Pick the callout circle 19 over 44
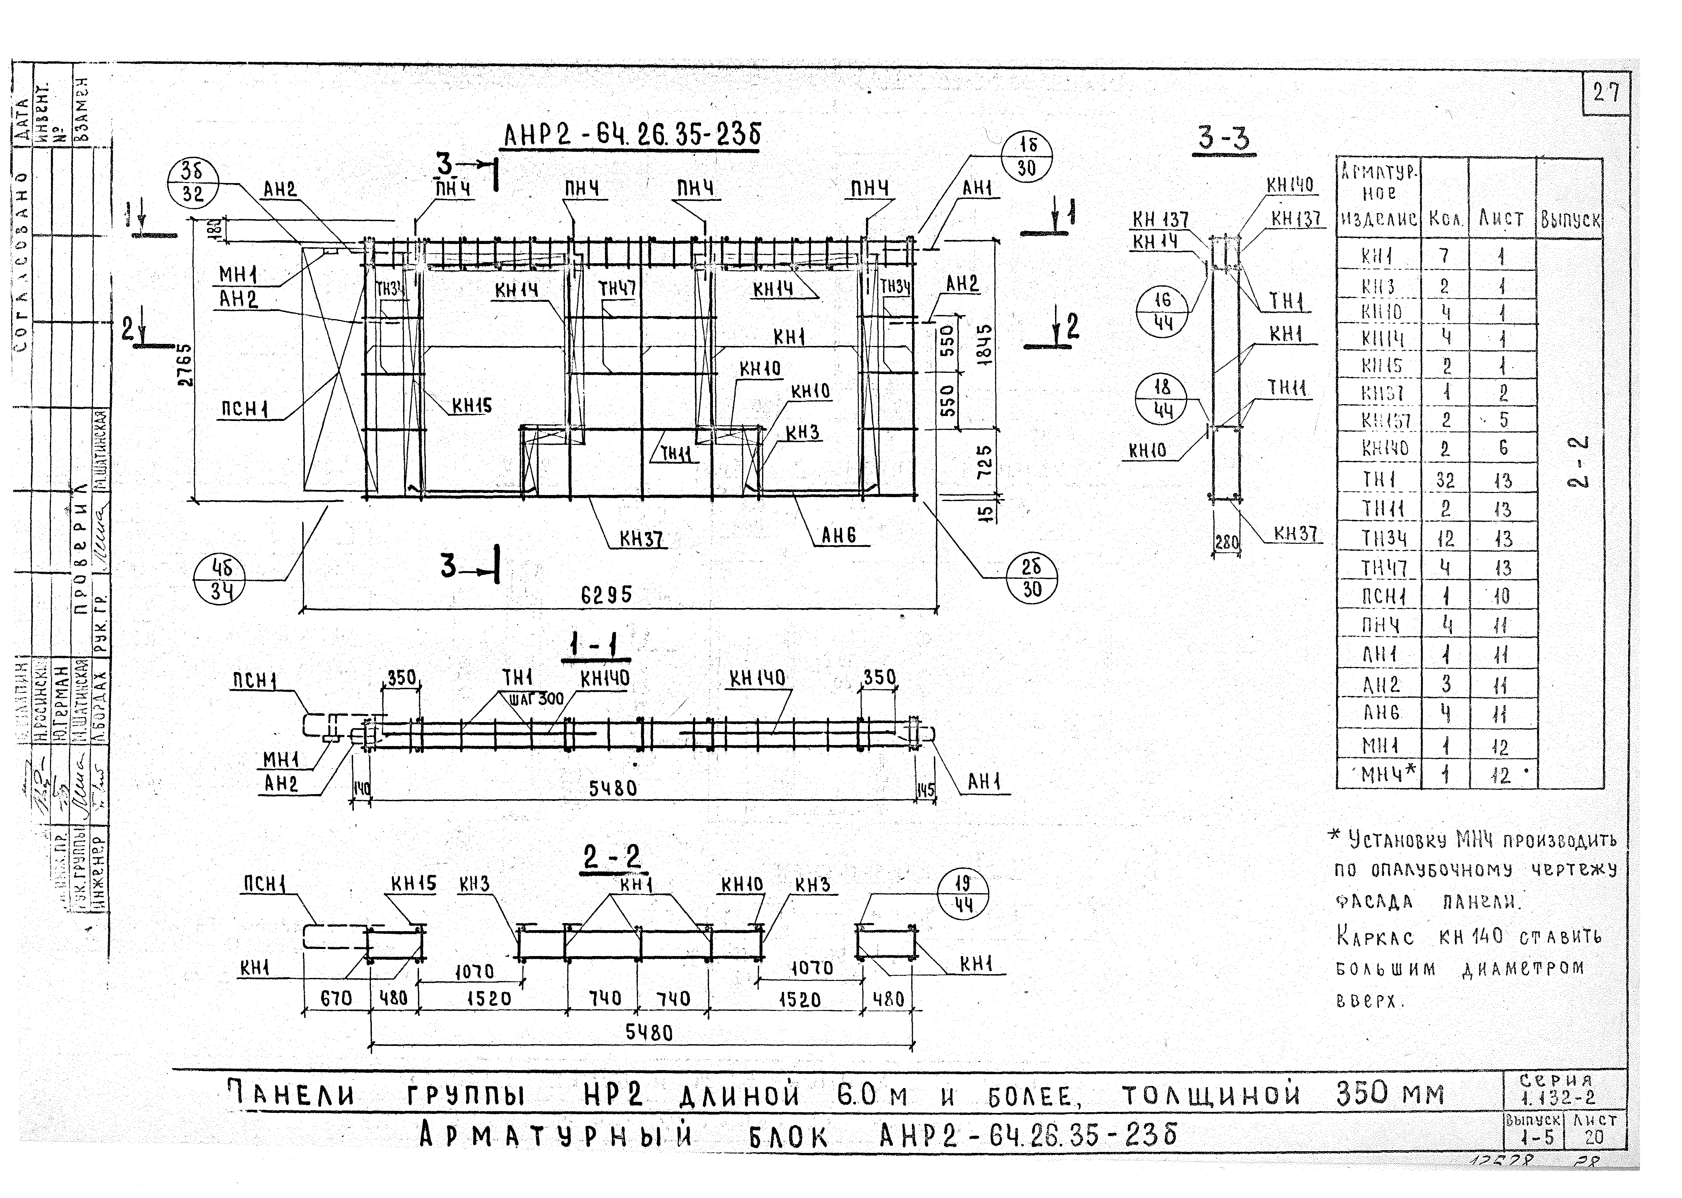click(x=962, y=894)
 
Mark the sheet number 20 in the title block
click(x=1593, y=1137)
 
